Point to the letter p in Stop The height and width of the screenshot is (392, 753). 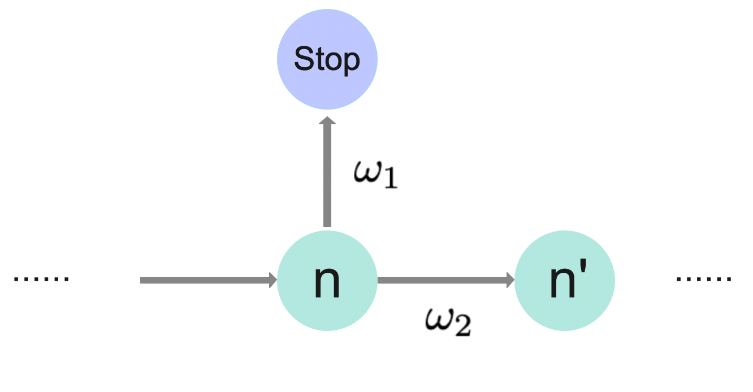pos(351,61)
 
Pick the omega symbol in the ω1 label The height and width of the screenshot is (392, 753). pos(367,173)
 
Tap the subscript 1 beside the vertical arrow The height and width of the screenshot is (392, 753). pos(391,181)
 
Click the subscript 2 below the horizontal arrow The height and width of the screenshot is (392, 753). pos(462,328)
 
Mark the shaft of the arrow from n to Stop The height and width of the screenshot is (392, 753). pos(327,175)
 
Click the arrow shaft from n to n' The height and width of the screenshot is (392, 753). pos(441,280)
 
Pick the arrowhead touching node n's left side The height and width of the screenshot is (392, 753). pos(273,280)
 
